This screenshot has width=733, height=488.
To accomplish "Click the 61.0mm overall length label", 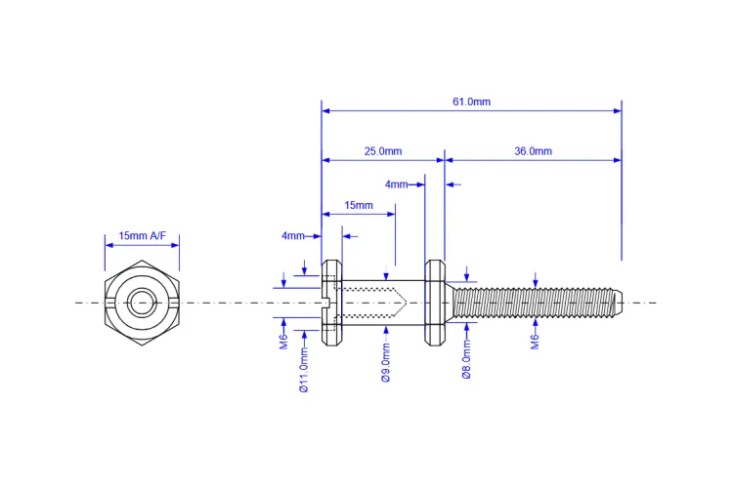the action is coord(471,102).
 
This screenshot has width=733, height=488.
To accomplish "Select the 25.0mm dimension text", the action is coord(383,151).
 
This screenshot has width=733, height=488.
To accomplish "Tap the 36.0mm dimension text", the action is coord(533,151).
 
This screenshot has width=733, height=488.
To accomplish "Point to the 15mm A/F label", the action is coord(142,236).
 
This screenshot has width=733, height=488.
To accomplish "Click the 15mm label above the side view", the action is coord(359,205).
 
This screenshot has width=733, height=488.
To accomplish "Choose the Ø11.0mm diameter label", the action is coord(304,368).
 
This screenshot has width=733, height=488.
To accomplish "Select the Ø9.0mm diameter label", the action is coord(386,362).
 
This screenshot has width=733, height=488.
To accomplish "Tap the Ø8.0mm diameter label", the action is coord(466,359).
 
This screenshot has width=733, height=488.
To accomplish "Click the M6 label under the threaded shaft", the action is coord(536,342).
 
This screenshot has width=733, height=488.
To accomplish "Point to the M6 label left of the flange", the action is coord(283,342).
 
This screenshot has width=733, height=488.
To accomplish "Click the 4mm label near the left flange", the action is coord(292,236).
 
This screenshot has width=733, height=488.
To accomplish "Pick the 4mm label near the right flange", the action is coord(396,184).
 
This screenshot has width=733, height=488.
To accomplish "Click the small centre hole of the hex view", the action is coord(142,303).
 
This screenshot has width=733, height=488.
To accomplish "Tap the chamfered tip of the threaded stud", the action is coord(618,303).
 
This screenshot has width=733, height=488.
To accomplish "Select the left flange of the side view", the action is coord(331,304).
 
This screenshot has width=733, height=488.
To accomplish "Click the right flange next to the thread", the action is coord(435,304).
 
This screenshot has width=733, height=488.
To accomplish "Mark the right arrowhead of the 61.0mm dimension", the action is coord(618,111).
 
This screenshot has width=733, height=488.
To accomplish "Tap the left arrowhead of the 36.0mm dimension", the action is coord(450,160).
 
